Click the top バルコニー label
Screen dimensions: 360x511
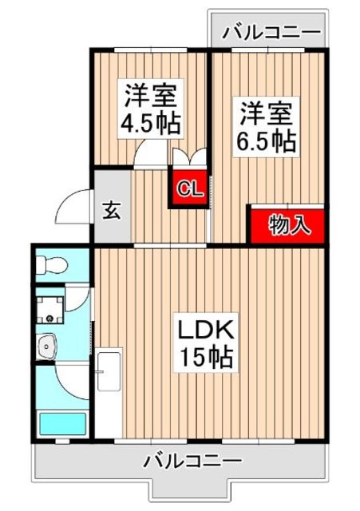tap(271, 32)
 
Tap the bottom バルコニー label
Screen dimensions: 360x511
tap(193, 461)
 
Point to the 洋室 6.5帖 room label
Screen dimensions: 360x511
tap(267, 127)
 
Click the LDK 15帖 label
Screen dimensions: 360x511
tap(207, 343)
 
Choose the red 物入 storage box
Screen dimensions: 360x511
tap(288, 225)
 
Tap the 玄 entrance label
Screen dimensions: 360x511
tap(112, 211)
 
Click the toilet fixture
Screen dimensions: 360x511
tap(51, 264)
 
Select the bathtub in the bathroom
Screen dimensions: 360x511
tap(62, 424)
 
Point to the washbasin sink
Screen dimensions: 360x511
tap(46, 346)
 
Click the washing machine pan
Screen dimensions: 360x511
tap(49, 309)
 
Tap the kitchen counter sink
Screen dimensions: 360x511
tap(109, 371)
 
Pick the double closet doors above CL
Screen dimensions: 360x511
tap(189, 157)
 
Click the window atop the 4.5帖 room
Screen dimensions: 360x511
tap(151, 50)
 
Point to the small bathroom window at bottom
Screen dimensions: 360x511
tap(62, 442)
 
